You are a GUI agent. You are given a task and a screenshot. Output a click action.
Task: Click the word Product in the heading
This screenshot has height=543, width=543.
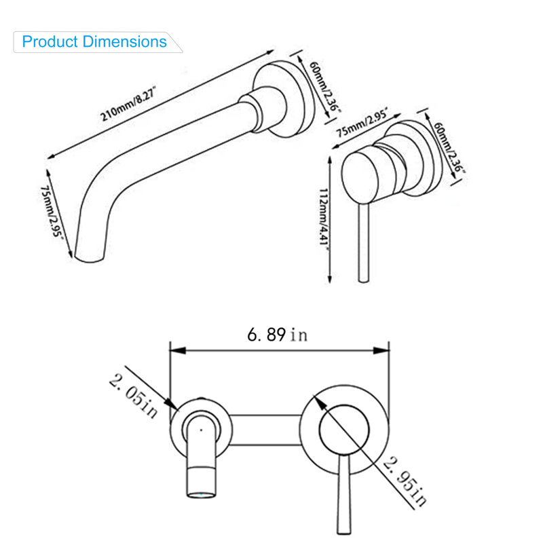(50, 42)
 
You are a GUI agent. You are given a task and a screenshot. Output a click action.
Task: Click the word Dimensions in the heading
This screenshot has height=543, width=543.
(125, 41)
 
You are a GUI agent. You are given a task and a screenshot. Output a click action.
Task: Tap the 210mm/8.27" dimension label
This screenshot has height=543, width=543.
(128, 104)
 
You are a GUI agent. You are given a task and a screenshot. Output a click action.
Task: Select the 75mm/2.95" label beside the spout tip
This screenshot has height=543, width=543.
(52, 211)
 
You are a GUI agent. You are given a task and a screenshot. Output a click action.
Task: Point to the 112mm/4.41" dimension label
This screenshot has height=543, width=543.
(324, 217)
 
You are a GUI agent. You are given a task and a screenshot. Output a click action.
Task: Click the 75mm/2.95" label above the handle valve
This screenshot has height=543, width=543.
(362, 122)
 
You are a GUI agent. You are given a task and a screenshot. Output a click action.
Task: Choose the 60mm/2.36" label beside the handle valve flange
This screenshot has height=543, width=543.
(449, 147)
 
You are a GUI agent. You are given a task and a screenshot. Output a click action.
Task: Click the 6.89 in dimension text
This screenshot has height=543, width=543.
(278, 335)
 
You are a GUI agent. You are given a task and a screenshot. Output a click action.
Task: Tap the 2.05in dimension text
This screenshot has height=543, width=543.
(134, 396)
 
